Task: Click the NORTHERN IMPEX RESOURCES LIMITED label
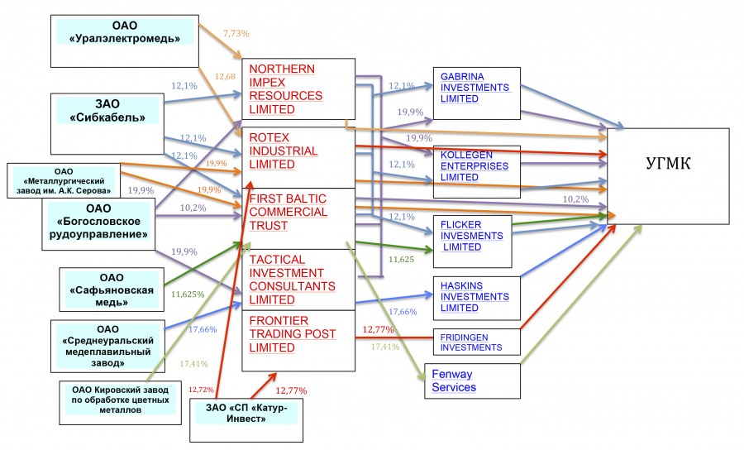click(x=284, y=88)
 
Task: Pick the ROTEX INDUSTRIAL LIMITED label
click(x=283, y=151)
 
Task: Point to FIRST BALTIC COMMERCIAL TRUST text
click(x=287, y=212)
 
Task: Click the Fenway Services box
click(x=472, y=381)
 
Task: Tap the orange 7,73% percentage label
click(x=236, y=33)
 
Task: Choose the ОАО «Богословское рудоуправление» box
click(x=98, y=222)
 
